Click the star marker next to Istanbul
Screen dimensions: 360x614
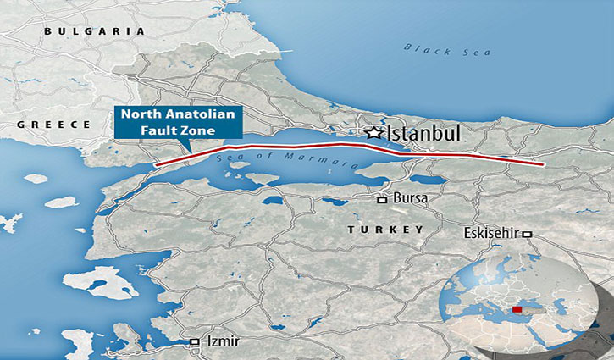coord(373,133)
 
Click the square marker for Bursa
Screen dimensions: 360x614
coord(383,200)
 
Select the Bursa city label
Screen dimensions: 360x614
coord(410,199)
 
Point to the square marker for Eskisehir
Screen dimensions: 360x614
coord(528,234)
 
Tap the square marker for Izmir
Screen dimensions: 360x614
coord(195,341)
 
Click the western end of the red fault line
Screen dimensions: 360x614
coord(155,164)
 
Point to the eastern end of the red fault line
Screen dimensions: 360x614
coord(544,164)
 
